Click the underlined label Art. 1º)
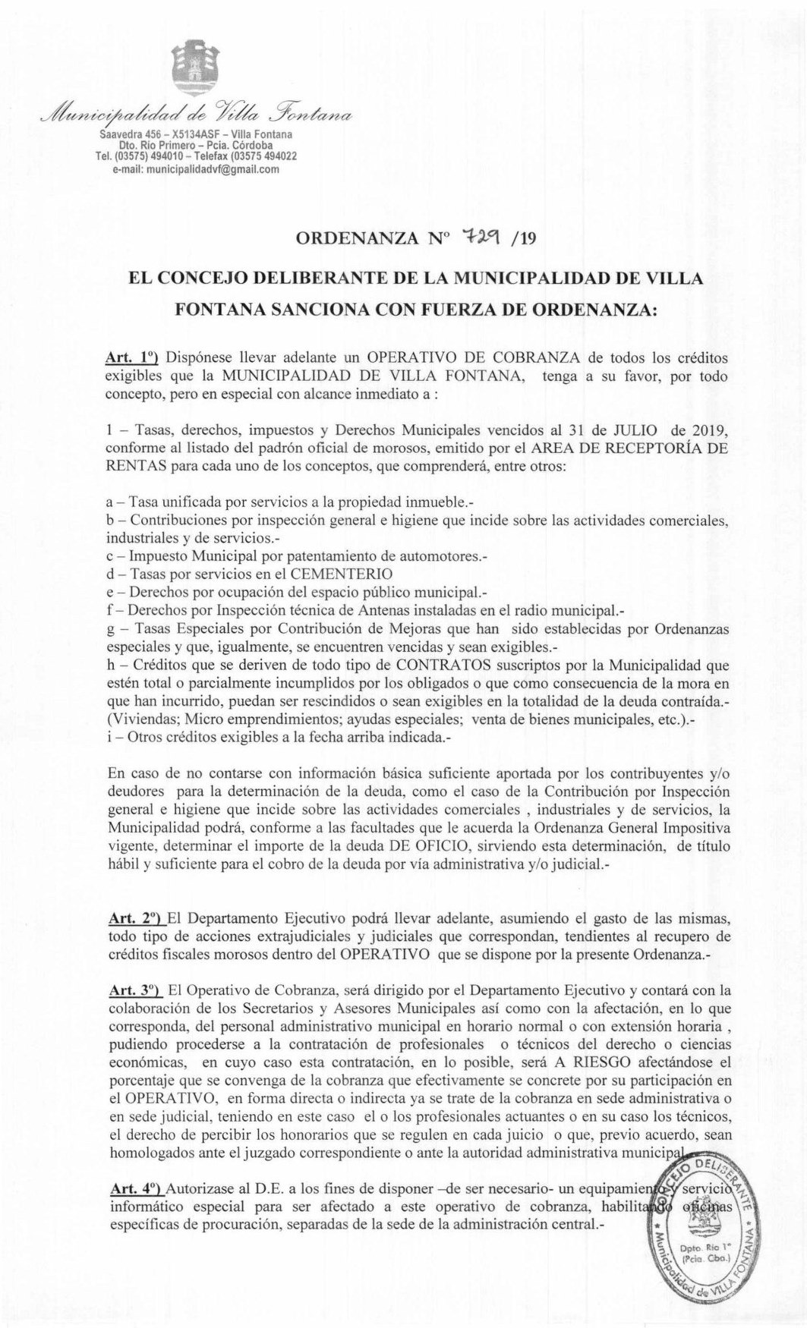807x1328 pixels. [131, 356]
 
